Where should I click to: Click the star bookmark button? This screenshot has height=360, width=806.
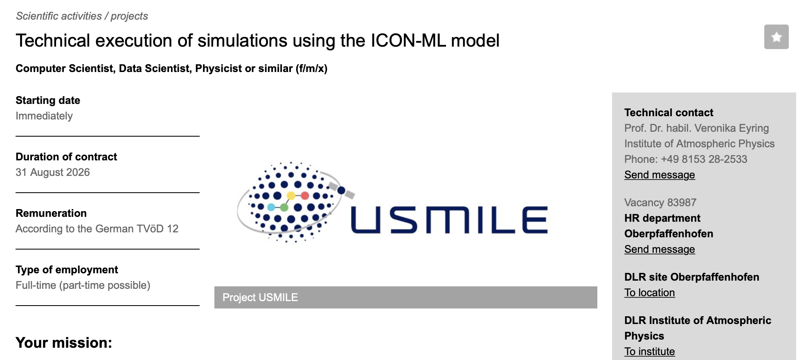(776, 37)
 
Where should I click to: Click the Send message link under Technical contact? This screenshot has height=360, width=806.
(660, 175)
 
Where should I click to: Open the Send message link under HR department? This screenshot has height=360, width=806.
(660, 249)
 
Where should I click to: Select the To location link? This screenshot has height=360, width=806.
(649, 292)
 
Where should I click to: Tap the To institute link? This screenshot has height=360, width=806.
(649, 351)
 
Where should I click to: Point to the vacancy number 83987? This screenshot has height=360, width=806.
(682, 202)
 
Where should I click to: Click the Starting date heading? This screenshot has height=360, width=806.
(48, 100)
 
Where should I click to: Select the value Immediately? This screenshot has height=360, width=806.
(44, 116)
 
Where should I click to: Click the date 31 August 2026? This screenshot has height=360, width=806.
(53, 172)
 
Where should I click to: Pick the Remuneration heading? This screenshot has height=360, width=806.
(51, 213)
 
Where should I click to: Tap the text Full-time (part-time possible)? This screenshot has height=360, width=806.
(83, 285)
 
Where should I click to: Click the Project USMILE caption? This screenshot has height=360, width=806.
(260, 297)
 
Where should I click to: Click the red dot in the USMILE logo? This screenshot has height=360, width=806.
(305, 196)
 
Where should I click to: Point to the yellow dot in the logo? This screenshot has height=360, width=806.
(291, 196)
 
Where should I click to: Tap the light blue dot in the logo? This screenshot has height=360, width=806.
(271, 207)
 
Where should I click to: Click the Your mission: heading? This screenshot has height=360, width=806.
(64, 343)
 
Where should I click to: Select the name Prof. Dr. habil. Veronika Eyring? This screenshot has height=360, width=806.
(697, 128)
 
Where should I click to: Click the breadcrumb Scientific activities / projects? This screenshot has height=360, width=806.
(82, 16)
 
